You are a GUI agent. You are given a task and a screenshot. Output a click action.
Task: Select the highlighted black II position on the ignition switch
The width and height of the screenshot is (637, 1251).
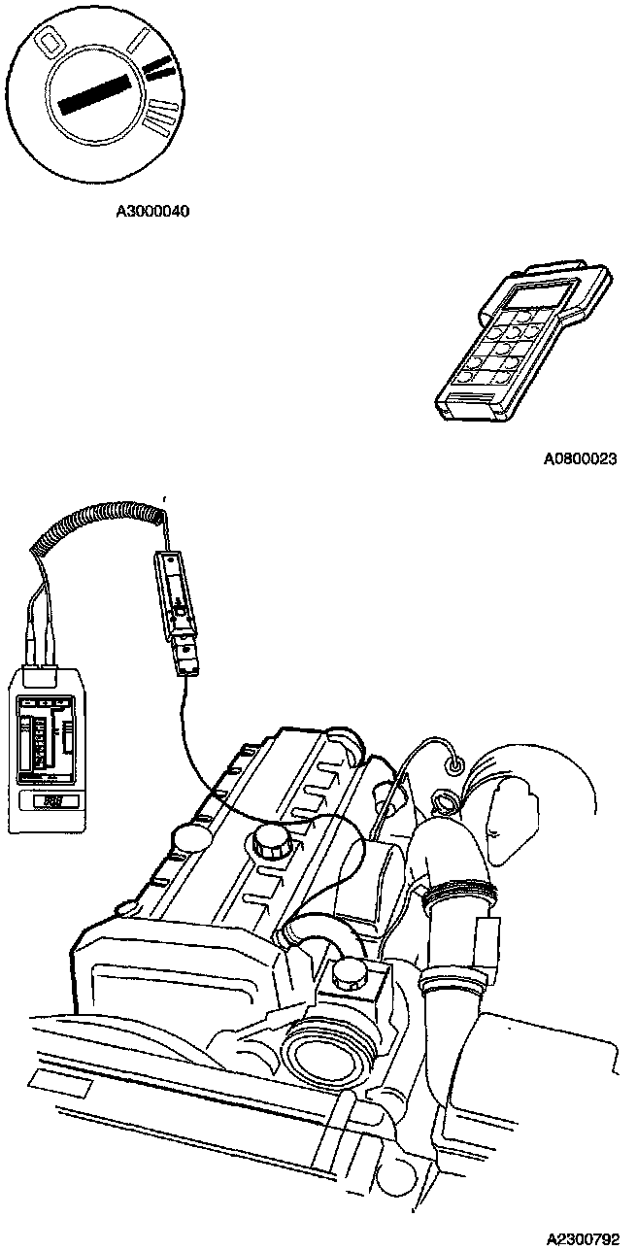click(x=160, y=68)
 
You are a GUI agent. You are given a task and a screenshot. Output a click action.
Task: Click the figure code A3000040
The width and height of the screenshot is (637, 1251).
click(x=151, y=210)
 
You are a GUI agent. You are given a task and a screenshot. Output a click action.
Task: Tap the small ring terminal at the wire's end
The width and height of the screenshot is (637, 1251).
click(x=453, y=766)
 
